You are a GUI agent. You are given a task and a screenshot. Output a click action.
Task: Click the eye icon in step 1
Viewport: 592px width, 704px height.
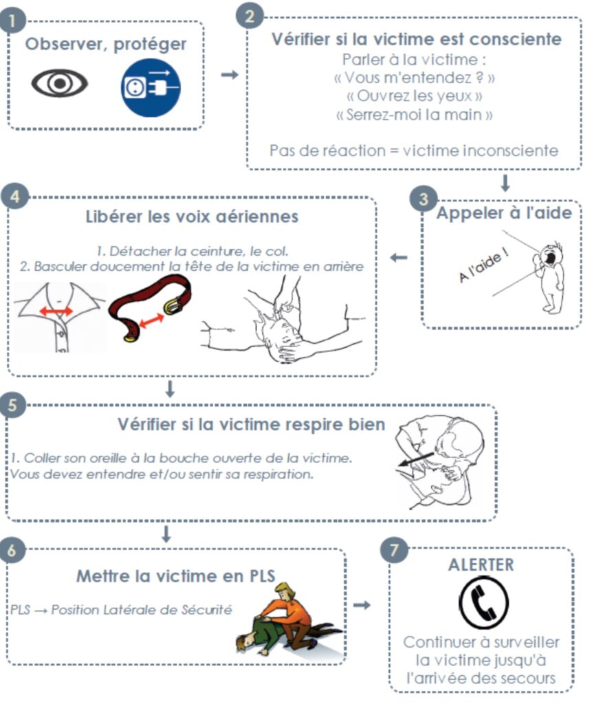click(59, 83)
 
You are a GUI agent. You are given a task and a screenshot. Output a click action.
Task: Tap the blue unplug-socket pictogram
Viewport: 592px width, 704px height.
click(151, 87)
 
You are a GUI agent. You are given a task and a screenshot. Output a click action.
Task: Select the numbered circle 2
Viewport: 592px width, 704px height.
click(250, 16)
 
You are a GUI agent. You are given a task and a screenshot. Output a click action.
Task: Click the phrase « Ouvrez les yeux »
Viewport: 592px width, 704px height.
click(415, 96)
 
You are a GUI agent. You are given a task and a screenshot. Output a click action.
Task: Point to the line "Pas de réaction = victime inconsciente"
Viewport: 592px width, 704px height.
click(414, 151)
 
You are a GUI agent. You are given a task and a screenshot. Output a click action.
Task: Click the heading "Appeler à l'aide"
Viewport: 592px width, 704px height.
click(504, 213)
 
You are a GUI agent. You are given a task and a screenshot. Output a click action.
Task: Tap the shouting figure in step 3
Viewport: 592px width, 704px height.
click(549, 278)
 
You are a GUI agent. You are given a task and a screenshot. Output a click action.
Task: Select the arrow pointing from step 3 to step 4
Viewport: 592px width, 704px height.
click(399, 258)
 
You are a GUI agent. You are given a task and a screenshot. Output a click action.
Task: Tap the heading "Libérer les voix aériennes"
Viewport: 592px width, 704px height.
click(192, 217)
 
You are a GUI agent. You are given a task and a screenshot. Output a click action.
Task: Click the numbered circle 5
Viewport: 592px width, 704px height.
click(12, 404)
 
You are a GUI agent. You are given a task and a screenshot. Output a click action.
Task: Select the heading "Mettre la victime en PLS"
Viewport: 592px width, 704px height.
click(175, 576)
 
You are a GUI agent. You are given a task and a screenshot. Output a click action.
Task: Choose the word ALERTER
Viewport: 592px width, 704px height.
click(481, 564)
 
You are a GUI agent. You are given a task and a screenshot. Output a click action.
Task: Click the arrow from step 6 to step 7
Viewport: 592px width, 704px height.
click(362, 605)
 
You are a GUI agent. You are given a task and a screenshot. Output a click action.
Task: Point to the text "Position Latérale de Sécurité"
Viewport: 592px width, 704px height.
click(142, 610)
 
